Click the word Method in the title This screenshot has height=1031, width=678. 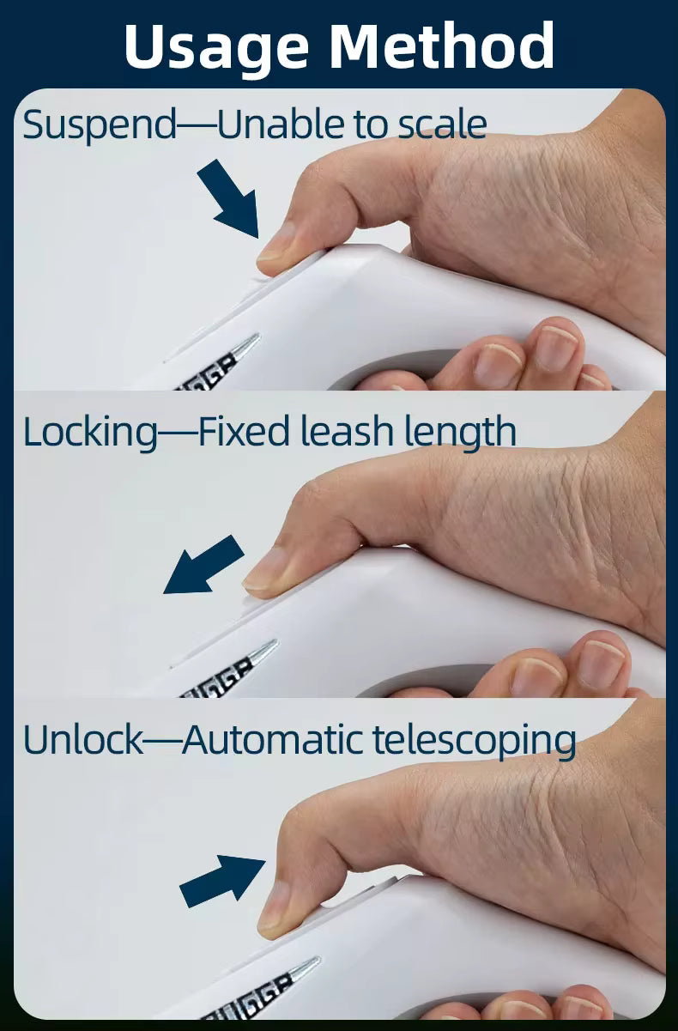[442, 45]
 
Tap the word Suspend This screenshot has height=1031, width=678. [100, 125]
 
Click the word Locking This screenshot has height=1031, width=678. [90, 433]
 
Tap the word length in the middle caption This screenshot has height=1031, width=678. [460, 432]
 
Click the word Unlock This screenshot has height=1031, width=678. [83, 739]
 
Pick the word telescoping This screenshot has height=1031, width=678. [474, 740]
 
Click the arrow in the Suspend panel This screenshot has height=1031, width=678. [228, 199]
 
